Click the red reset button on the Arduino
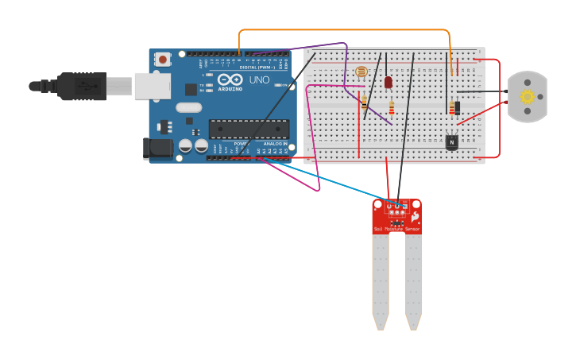163,59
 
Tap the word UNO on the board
259,80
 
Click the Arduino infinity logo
230,80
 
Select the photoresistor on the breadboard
362,73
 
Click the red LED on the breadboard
389,82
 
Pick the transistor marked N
451,141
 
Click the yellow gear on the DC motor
527,97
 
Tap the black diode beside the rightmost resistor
458,107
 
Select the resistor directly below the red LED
392,108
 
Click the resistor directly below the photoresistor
364,101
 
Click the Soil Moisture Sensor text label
396,229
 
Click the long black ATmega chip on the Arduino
248,129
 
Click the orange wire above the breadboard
342,31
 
